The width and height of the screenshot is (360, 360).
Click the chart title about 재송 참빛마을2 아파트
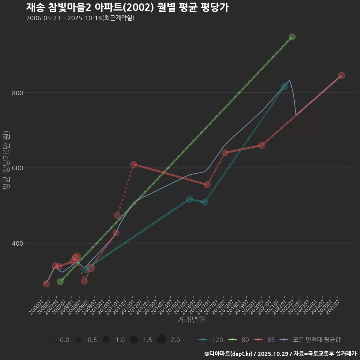coord(127,7)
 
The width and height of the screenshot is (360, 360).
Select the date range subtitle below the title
coord(80,18)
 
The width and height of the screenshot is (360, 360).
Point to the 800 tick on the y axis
coord(15,93)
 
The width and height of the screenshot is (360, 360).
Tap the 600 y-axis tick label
coord(15,168)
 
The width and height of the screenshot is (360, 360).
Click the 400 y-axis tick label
coord(15,243)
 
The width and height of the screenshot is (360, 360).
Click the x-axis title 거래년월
coord(191,320)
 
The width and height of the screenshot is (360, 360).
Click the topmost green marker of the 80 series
coord(292,37)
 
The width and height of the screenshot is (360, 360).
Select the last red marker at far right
coord(341,75)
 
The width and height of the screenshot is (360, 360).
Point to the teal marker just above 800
coord(285,87)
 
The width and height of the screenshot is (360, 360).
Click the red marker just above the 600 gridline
coord(133,164)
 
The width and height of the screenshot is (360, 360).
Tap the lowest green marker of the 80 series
coord(60,282)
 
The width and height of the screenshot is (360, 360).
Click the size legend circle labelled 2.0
coord(161,340)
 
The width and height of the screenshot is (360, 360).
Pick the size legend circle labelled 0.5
coord(78,340)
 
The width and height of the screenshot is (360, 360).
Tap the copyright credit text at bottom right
coord(280,354)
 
